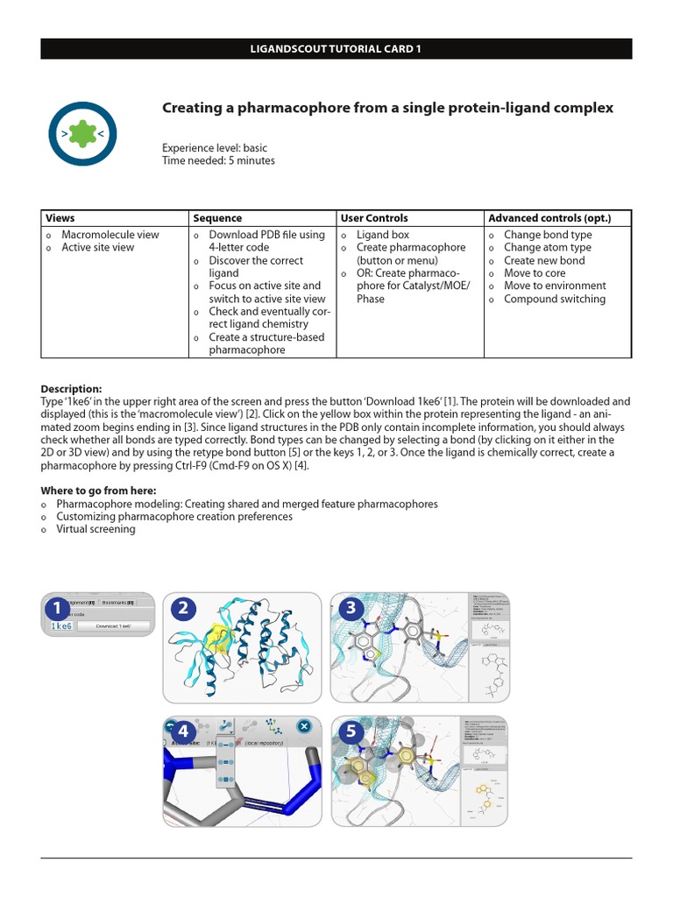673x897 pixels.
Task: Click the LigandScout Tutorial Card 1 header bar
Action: point(336,49)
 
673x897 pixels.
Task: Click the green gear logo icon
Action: point(82,133)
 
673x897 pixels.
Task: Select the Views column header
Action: point(60,218)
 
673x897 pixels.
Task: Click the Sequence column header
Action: point(217,218)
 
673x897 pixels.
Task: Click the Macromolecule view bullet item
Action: point(110,235)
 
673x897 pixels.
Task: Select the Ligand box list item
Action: point(382,235)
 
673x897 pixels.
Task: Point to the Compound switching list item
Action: point(554,299)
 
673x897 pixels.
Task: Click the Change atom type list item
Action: point(547,248)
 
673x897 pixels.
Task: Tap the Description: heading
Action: point(72,389)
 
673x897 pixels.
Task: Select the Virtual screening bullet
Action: point(96,529)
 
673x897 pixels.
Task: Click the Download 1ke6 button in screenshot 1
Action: point(113,626)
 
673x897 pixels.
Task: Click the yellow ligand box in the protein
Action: point(216,639)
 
